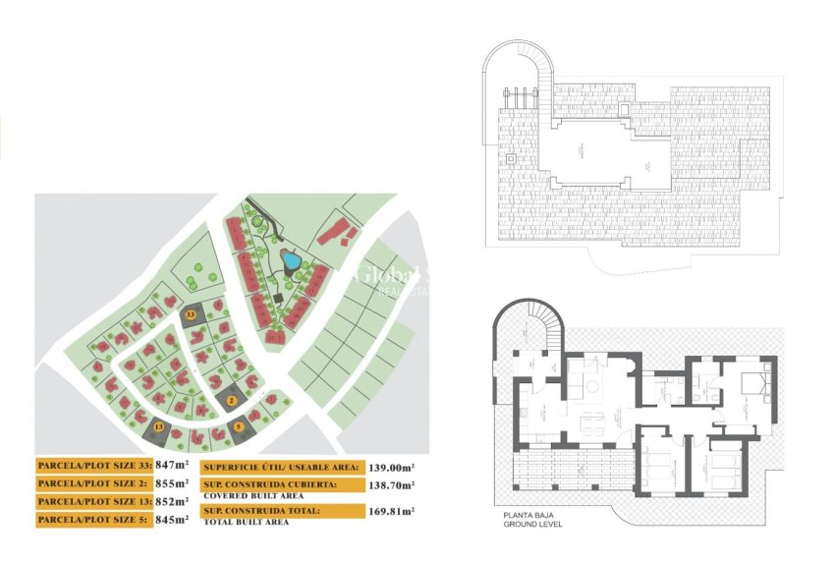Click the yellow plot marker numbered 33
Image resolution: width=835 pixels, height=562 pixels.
click(191, 313)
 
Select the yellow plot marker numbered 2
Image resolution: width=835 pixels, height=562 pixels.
click(232, 399)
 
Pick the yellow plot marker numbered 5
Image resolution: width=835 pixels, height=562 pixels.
click(239, 425)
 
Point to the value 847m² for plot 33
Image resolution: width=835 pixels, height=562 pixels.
click(171, 466)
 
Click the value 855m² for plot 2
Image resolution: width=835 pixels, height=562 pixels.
click(171, 483)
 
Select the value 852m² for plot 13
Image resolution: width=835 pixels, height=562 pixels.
click(171, 501)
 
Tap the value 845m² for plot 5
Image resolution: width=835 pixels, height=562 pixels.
click(171, 519)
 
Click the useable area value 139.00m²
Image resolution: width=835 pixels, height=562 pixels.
click(392, 468)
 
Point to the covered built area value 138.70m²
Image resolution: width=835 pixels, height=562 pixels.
click(392, 485)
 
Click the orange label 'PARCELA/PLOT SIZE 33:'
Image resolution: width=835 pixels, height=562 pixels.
click(93, 466)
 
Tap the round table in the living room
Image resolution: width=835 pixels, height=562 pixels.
click(593, 386)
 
